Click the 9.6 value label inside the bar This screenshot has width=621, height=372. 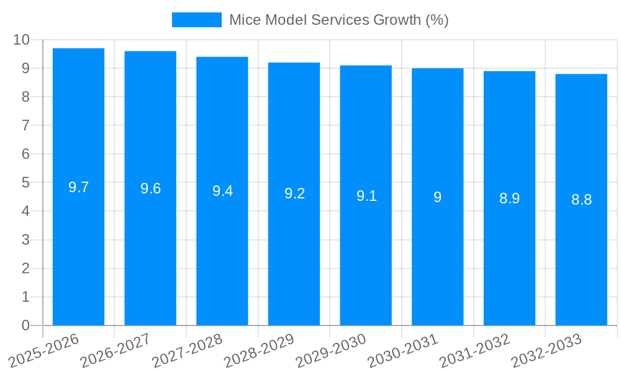(150, 188)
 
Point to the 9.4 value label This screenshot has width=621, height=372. (222, 191)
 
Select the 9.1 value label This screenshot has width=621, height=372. (366, 196)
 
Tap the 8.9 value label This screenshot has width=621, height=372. (509, 198)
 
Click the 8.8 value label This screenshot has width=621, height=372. (581, 200)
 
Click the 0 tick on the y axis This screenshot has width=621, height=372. (25, 325)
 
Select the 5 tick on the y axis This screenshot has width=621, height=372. (25, 183)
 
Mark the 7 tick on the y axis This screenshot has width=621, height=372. (25, 125)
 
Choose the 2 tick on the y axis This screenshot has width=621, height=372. (25, 268)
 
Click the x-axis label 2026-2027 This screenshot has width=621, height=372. (116, 349)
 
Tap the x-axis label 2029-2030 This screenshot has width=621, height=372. (331, 349)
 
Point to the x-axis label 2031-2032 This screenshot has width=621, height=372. (475, 349)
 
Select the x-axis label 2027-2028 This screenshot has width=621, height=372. (188, 349)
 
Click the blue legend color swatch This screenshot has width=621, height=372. (196, 20)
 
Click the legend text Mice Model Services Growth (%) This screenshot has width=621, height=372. (338, 20)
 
